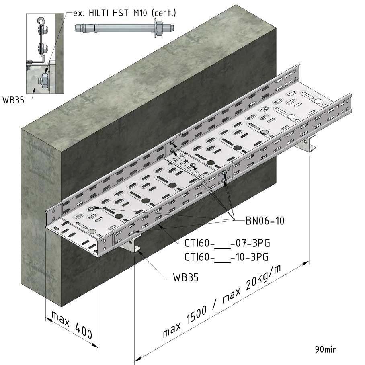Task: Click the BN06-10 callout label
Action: coord(265,221)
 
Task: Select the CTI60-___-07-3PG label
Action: coord(227,243)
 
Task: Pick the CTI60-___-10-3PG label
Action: coord(226,257)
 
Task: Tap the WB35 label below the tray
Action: coord(186,277)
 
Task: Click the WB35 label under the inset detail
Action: coord(13,100)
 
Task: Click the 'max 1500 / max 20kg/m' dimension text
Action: coord(221,301)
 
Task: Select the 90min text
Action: coord(326,349)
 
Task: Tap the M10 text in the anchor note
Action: coord(140,13)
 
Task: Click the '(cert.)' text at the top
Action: coord(164,13)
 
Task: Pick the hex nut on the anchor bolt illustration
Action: coord(159,28)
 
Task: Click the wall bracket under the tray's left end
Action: coord(131,244)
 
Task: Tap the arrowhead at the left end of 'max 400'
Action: coord(48,320)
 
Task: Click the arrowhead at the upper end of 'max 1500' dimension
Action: coord(306,263)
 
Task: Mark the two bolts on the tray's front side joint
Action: coord(224,176)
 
